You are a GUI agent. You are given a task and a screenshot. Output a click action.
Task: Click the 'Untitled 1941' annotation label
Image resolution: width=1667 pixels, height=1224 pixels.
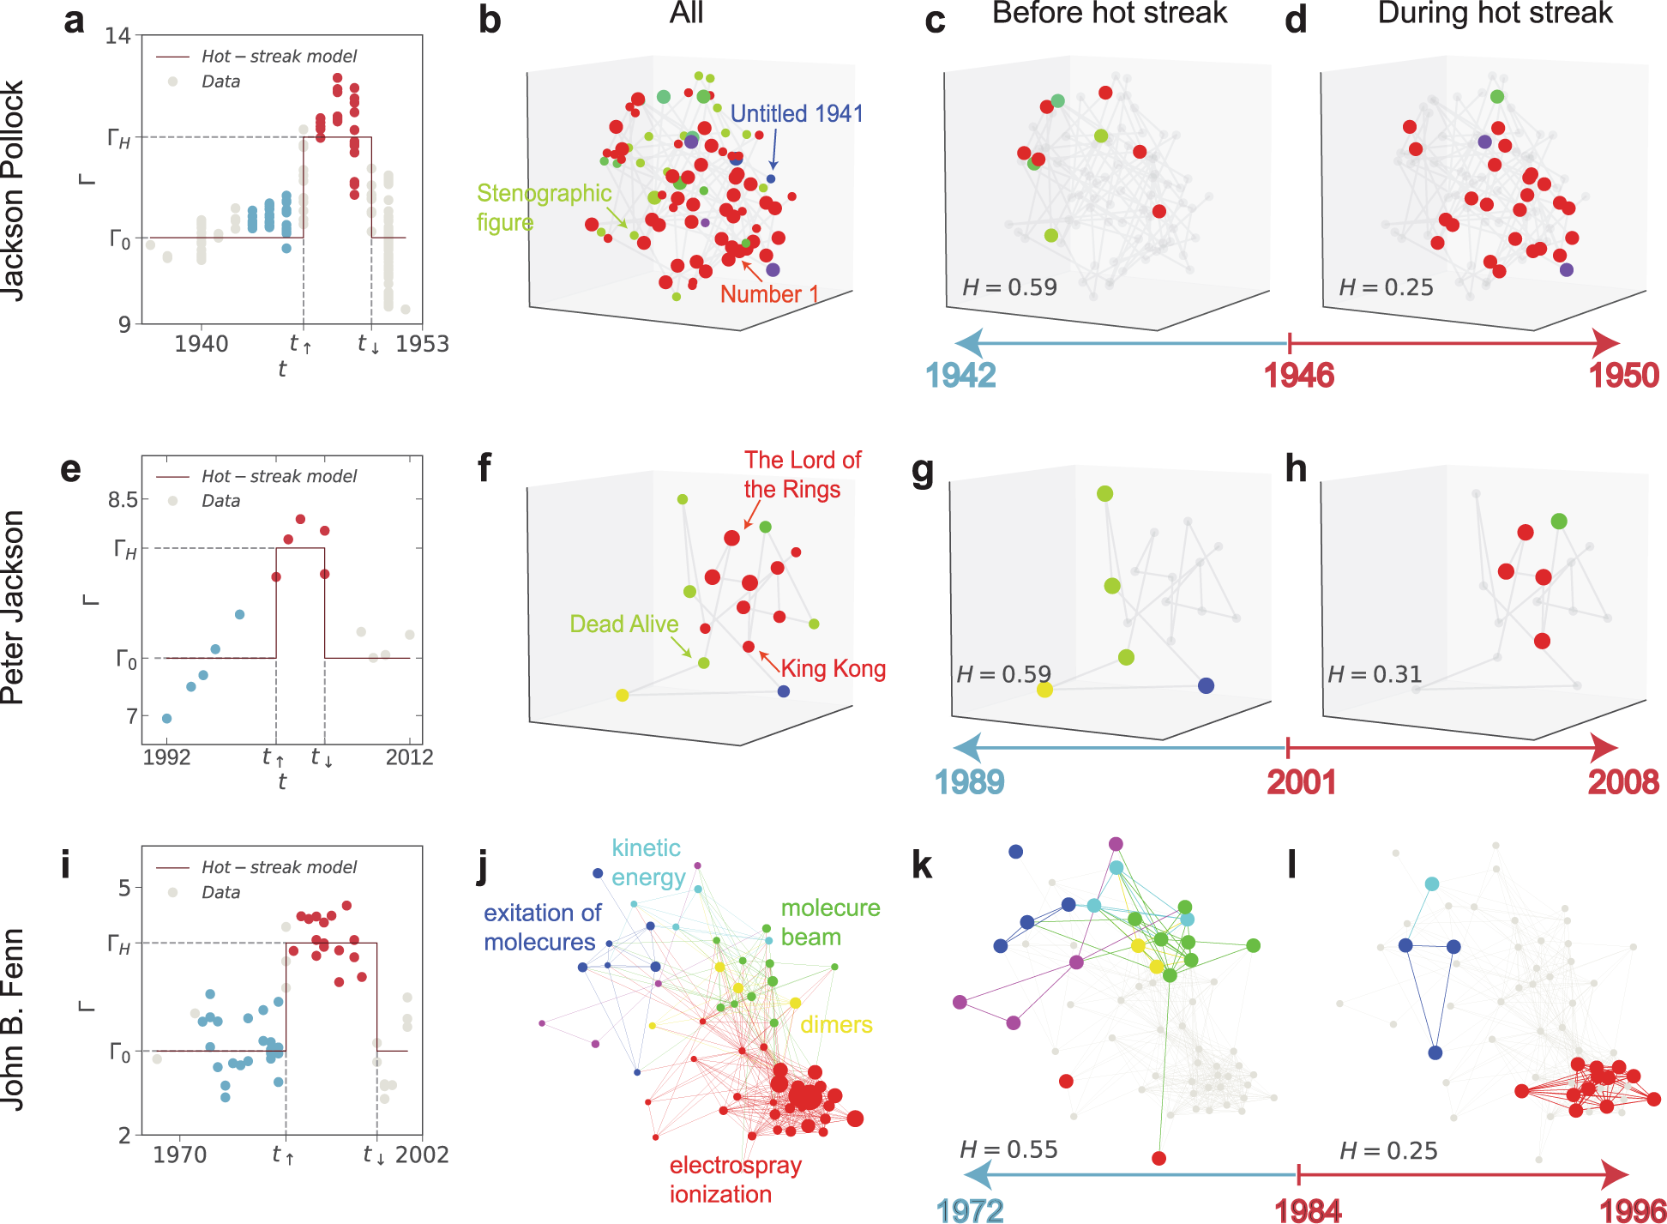pos(797,114)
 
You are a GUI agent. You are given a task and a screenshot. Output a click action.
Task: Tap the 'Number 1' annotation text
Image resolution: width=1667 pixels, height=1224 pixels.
pos(769,294)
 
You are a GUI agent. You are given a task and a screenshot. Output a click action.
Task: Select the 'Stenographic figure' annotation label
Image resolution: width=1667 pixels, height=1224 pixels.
pos(543,208)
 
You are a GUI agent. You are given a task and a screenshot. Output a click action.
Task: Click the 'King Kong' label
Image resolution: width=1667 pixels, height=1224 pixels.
pos(833,669)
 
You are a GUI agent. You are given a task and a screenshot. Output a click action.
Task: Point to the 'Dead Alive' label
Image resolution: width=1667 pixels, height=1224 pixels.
pos(623,624)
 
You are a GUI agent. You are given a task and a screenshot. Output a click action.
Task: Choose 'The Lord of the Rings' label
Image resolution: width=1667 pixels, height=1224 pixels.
pos(802,474)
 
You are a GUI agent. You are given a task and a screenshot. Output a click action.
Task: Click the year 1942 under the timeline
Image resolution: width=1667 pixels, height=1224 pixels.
pos(960,376)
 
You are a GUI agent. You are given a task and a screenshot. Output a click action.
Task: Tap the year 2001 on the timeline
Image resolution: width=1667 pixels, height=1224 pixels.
pos(1301,781)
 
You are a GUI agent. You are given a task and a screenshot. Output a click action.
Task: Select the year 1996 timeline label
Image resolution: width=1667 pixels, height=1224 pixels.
pos(1633,1210)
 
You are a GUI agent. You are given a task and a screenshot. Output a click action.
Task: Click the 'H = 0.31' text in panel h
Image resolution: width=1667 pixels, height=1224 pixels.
pos(1375,675)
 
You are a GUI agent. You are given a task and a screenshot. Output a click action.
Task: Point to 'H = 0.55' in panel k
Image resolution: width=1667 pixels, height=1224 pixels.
pos(1008,1149)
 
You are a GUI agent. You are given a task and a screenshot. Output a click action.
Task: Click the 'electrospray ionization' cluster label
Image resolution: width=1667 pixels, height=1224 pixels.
pos(735,1179)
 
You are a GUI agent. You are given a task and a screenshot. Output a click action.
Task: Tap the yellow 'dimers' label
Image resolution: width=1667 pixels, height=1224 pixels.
pos(836,1025)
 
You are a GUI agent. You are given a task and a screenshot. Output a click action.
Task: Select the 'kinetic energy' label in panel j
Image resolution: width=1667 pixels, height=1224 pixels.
pos(647,862)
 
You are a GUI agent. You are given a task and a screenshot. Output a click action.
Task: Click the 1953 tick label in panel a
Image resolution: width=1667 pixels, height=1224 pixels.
pos(422,344)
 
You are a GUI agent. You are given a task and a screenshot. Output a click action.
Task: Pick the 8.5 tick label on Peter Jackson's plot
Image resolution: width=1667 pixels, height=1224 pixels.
pos(123,500)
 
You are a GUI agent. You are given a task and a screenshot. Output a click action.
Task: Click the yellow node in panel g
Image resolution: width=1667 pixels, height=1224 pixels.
pos(1044,689)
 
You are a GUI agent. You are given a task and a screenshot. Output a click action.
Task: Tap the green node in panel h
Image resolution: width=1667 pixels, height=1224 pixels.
pos(1559,521)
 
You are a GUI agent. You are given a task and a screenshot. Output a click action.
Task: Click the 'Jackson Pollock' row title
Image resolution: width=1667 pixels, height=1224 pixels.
pos(13,190)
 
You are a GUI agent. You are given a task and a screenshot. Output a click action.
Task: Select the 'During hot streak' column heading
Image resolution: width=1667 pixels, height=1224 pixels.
pos(1495,14)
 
